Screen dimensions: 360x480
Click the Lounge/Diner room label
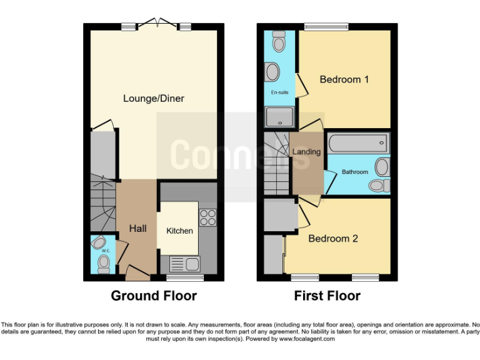click(154, 99)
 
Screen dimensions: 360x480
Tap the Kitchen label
click(179, 231)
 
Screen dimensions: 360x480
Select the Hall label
click(137, 229)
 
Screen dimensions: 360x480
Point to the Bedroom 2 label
click(333, 238)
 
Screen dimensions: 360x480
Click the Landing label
click(306, 152)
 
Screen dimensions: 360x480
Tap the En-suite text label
click(279, 92)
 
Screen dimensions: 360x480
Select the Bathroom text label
click(354, 171)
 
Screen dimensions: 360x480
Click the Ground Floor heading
click(154, 296)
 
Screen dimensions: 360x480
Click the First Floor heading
click(327, 296)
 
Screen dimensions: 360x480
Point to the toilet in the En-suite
click(278, 42)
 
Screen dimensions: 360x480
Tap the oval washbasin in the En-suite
click(273, 72)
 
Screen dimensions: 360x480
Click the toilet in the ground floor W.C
click(104, 260)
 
